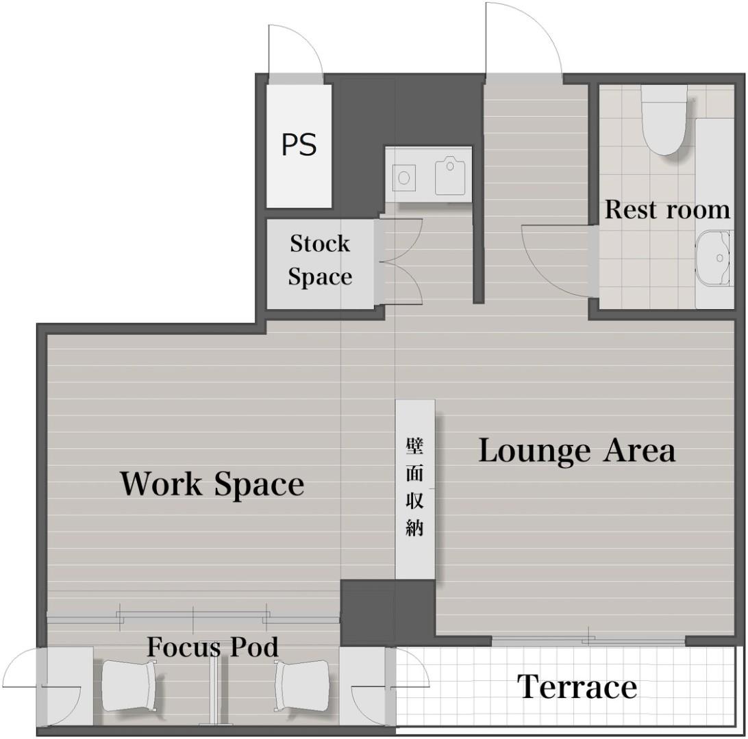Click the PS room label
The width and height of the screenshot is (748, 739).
(x=299, y=144)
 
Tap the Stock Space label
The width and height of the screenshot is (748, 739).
(x=320, y=259)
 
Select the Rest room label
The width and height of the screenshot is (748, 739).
(x=667, y=209)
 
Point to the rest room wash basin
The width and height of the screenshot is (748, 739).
(x=714, y=258)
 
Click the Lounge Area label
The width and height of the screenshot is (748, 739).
(x=577, y=450)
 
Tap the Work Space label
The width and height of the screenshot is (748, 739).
(x=212, y=483)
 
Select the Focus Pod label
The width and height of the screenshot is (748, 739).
(x=212, y=647)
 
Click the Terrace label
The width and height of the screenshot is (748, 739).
(x=577, y=687)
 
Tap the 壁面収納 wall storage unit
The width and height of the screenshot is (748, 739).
(x=415, y=489)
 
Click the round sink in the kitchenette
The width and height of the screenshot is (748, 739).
(x=404, y=178)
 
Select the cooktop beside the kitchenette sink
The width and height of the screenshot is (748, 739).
(x=450, y=177)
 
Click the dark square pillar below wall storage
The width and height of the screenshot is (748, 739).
(x=388, y=613)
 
